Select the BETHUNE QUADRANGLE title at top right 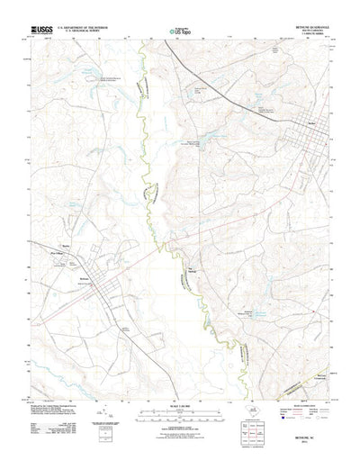304,27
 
